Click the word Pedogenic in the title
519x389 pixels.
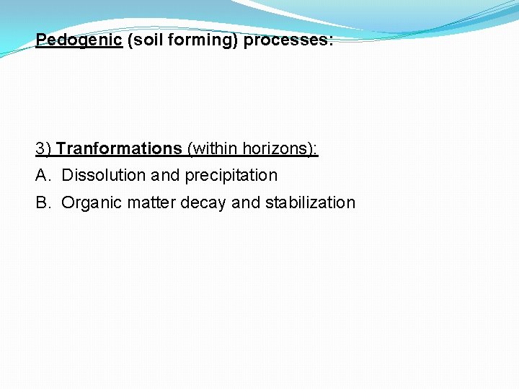[79, 40]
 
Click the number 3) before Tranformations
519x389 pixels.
[43, 148]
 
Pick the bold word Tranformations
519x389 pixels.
[119, 148]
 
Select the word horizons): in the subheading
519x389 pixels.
[280, 148]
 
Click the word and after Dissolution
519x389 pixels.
[165, 175]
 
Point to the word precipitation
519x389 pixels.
[231, 175]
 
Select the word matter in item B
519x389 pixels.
[151, 202]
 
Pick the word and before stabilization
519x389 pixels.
[246, 202]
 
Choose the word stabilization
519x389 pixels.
[310, 202]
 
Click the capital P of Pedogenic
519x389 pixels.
[40, 40]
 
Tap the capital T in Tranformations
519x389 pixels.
[61, 148]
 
